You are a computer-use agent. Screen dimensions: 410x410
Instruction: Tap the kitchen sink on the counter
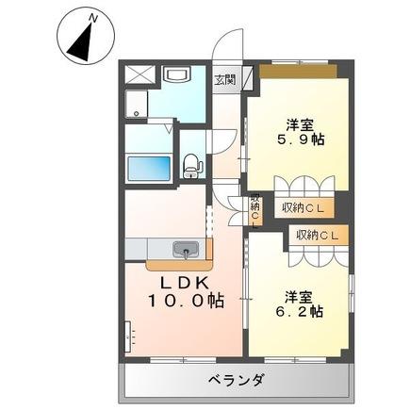[x=185, y=250]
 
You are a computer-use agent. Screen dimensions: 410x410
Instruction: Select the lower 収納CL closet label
[x=317, y=235]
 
